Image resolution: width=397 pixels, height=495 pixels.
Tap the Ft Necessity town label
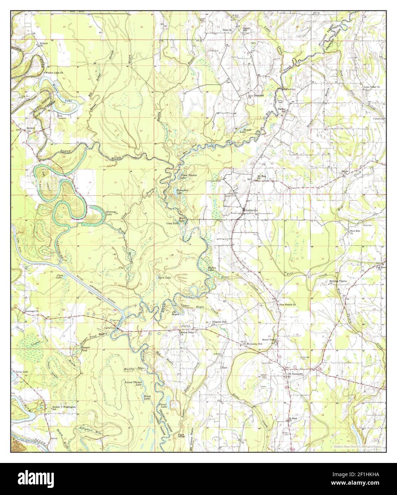296,374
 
